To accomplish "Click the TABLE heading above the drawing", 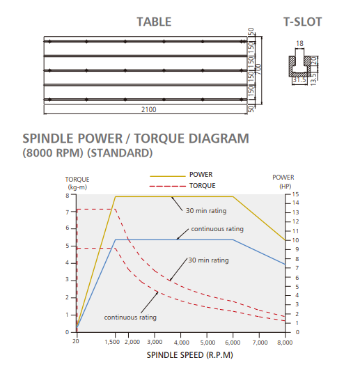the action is point(154,22).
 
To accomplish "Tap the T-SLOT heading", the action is point(302,22).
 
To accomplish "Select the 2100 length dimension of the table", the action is point(149,110).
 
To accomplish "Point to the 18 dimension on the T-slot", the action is point(299,44).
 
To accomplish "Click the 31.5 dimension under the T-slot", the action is point(299,80).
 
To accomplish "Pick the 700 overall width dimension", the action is point(258,69).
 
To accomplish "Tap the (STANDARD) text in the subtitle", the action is point(120,153).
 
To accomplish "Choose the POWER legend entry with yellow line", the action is point(181,175).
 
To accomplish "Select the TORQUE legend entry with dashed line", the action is point(182,186).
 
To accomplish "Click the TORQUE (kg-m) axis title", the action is point(77,183).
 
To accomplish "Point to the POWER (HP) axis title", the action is point(283,182).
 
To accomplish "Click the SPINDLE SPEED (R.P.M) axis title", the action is point(190,355).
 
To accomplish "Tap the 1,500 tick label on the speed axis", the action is point(112,342).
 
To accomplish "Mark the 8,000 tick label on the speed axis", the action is point(285,343).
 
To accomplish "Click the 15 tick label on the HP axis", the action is point(295,194).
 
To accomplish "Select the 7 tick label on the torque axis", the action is point(68,212).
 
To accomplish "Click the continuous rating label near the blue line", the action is point(217,229).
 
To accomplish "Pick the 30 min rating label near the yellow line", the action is point(206,211).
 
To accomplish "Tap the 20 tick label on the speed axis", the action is point(75,341).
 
